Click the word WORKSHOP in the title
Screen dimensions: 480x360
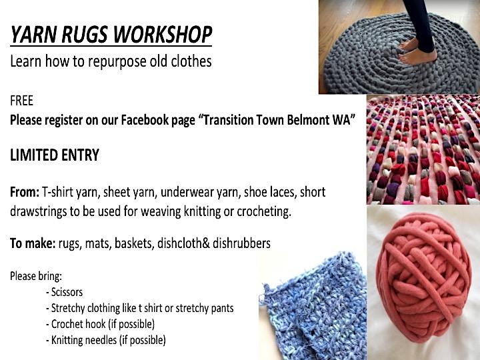click(x=162, y=34)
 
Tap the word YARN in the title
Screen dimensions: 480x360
click(x=33, y=34)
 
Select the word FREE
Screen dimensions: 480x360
click(x=21, y=101)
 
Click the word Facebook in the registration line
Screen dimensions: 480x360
click(x=157, y=120)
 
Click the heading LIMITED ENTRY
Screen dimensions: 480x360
click(x=55, y=155)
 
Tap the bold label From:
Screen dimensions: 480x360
click(x=25, y=192)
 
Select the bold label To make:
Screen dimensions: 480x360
click(x=33, y=243)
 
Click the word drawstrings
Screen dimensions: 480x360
click(x=38, y=211)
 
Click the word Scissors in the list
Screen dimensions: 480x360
click(x=67, y=292)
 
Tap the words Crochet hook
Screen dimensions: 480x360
click(x=79, y=324)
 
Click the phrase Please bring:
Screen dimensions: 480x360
click(x=36, y=276)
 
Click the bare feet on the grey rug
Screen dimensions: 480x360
click(x=416, y=52)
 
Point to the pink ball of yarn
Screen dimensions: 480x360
click(x=424, y=277)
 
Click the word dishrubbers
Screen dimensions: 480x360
click(x=241, y=243)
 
